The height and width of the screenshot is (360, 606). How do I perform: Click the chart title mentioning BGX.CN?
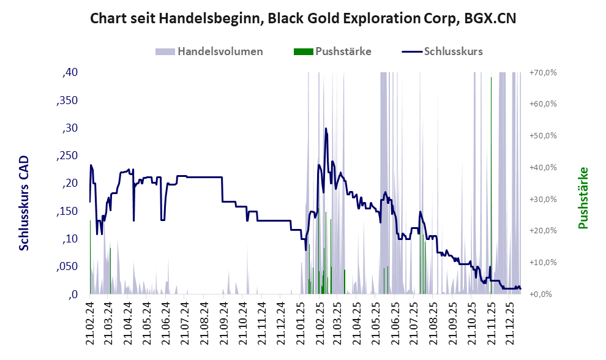click(x=302, y=18)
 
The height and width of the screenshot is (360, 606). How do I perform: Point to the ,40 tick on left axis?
click(x=70, y=72)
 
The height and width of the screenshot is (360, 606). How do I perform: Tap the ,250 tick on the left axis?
click(x=67, y=156)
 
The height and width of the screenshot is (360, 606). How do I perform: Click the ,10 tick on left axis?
click(x=70, y=239)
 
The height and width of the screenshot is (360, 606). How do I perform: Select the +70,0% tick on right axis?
click(x=543, y=72)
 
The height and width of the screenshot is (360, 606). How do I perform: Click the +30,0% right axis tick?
click(x=543, y=199)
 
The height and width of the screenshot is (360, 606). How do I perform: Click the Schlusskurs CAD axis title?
click(x=24, y=203)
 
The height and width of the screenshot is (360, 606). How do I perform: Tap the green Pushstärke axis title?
click(x=583, y=198)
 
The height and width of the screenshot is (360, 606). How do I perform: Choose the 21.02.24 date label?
click(x=90, y=322)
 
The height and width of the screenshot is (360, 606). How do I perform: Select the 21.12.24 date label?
click(x=280, y=322)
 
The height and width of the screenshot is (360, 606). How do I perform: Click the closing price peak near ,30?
click(x=326, y=129)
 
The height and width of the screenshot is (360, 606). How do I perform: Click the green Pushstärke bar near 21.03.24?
click(x=110, y=269)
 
